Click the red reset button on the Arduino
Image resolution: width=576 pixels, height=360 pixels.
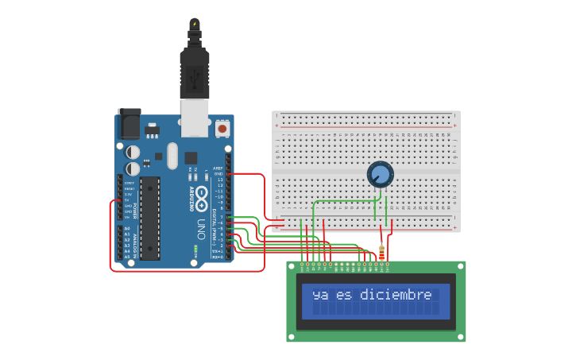222,127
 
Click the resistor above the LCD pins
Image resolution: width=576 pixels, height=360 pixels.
383,253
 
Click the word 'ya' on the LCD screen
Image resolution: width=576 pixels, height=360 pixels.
320,296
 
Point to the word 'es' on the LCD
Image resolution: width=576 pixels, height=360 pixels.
343,296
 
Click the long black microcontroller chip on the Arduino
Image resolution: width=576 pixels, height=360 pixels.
150,218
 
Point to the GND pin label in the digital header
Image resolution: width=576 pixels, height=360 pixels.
220,174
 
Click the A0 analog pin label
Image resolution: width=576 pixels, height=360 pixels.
127,229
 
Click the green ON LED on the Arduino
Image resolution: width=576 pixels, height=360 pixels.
195,253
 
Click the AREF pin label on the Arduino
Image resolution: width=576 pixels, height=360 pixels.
219,168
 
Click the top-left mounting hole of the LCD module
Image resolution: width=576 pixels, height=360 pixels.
292,267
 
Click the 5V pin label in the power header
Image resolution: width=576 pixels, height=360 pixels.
127,200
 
